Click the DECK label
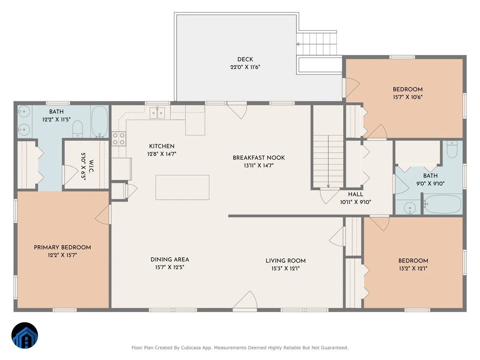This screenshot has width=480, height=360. click(x=245, y=59)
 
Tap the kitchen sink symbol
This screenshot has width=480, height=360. click(x=157, y=113)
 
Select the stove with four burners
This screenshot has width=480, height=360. click(x=119, y=138)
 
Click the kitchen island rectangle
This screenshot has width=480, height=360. click(x=182, y=187)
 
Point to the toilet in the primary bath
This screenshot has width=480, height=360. click(x=78, y=129)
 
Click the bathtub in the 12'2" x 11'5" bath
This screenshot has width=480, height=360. click(x=100, y=122)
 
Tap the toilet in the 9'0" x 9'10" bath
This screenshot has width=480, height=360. click(x=452, y=149)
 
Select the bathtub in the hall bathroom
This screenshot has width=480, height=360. click(x=443, y=204)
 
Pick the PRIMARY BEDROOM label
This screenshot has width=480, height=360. click(x=62, y=248)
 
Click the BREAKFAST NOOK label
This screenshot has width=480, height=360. click(x=259, y=158)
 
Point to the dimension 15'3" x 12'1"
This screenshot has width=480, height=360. click(x=286, y=268)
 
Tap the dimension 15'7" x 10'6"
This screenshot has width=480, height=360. click(x=408, y=97)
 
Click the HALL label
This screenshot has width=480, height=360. click(x=356, y=194)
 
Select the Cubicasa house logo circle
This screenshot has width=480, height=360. click(x=25, y=335)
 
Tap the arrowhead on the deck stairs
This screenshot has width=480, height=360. click(x=298, y=44)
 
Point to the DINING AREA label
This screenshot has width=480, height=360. click(x=170, y=260)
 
